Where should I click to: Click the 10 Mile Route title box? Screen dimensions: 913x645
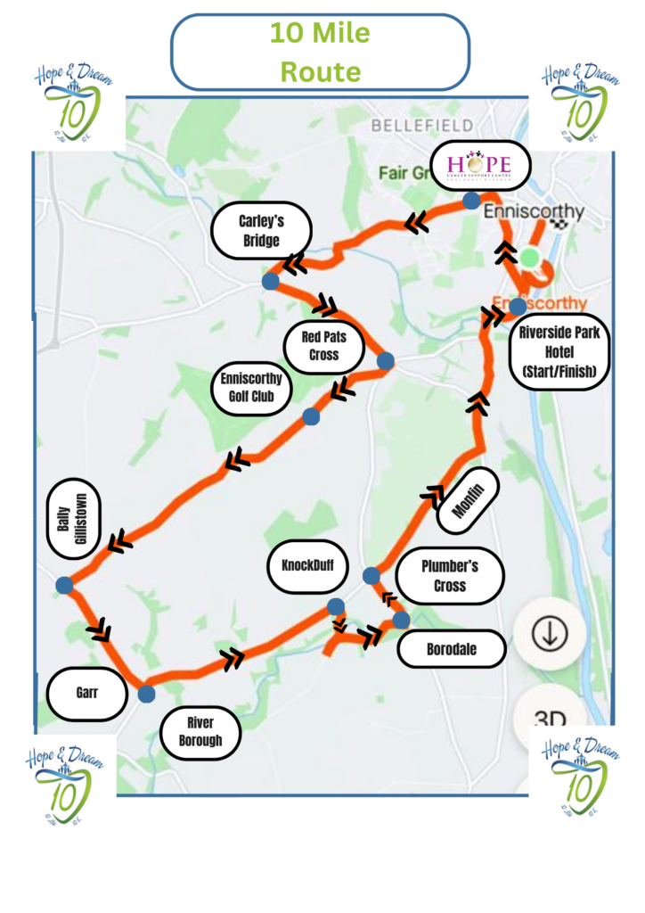[x=320, y=52]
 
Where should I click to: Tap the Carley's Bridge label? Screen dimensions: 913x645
[x=260, y=230]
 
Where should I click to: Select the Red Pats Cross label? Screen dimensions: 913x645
[x=324, y=347]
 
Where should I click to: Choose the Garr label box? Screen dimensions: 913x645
[x=86, y=693]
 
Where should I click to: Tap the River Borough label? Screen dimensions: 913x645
[x=200, y=731]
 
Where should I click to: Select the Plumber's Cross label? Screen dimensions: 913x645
[x=450, y=575]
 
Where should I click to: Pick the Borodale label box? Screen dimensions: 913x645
[x=451, y=649]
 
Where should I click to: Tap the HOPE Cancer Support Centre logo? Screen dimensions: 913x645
[x=480, y=167]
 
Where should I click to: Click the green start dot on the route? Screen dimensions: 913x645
[x=529, y=258]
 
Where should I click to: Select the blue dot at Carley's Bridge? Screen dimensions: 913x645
[x=270, y=281]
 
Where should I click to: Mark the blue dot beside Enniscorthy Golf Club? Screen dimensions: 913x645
[x=311, y=416]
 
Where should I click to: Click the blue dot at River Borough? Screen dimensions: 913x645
[x=146, y=693]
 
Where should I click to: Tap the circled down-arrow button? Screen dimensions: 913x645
[x=549, y=633]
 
